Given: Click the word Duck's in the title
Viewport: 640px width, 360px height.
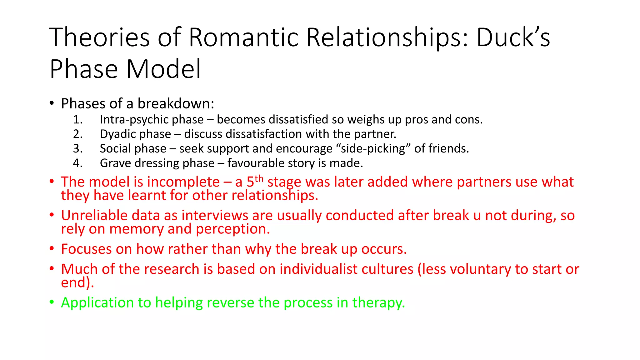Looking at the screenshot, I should point(513,37).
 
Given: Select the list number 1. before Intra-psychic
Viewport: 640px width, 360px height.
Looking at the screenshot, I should point(77,120).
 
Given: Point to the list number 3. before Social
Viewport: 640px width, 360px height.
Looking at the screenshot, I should point(77,148).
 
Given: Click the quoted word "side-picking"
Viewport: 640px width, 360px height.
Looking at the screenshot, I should point(374,149).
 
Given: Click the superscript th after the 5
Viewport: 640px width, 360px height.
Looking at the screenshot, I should point(259,179).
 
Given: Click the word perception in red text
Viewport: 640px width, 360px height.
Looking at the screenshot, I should point(232,229).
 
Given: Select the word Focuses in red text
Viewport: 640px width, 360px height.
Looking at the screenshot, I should point(86,249).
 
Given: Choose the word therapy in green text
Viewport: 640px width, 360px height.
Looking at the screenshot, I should point(378,303).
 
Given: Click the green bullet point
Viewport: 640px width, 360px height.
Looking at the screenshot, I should point(52,302).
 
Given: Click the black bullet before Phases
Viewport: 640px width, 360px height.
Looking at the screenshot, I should point(52,103).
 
